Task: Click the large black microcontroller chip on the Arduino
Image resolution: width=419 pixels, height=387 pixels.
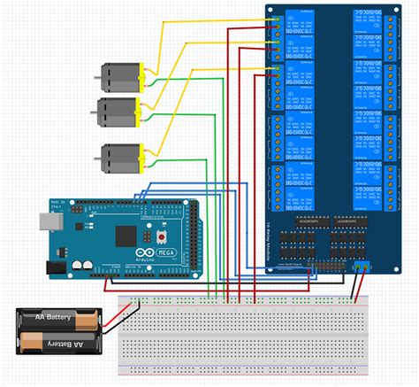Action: point(126,236)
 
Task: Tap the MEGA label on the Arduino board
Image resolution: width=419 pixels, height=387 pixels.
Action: point(167,254)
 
